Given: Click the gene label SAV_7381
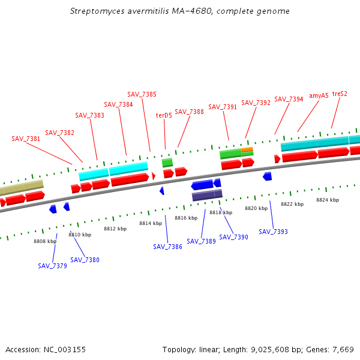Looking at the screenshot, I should pyautogui.click(x=26, y=139).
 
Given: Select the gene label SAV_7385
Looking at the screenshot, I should pyautogui.click(x=142, y=94).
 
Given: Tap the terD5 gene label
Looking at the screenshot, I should pyautogui.click(x=164, y=115).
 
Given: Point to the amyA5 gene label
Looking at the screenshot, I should pyautogui.click(x=319, y=95).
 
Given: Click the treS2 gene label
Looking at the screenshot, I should pyautogui.click(x=340, y=94).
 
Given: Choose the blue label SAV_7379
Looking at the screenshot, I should pyautogui.click(x=52, y=266).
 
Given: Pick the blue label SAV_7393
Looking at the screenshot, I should pyautogui.click(x=273, y=232).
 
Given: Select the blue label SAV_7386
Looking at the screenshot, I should pyautogui.click(x=167, y=247).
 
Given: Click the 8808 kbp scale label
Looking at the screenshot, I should pyautogui.click(x=45, y=241).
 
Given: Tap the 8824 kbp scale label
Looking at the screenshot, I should pyautogui.click(x=328, y=200).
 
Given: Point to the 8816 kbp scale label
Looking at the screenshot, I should pyautogui.click(x=186, y=218).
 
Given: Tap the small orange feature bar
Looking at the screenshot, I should pyautogui.click(x=247, y=149).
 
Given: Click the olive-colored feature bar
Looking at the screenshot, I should pyautogui.click(x=22, y=188).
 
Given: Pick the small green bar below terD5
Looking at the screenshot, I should pyautogui.click(x=167, y=162).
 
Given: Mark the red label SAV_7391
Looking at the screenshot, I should pyautogui.click(x=223, y=107).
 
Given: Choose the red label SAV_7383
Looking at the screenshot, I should pyautogui.click(x=89, y=115).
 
